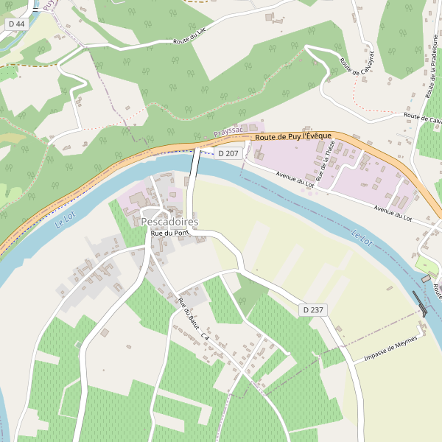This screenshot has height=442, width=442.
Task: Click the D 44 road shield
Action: point(15,24)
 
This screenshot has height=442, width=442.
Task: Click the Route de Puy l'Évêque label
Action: point(293,137)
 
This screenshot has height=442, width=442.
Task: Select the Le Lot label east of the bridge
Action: point(362,237)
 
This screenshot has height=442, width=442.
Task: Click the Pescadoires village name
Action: point(169,222)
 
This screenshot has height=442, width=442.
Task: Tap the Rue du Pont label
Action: point(170,234)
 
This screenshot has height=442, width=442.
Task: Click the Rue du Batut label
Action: point(188,312)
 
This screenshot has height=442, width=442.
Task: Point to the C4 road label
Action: point(206,337)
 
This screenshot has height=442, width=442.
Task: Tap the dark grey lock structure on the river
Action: point(419,301)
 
